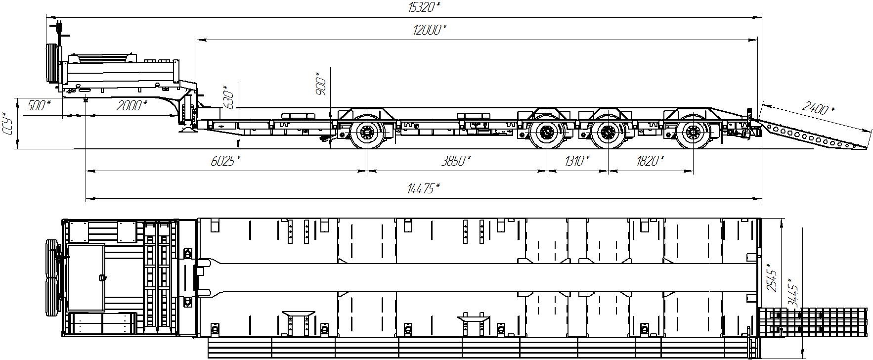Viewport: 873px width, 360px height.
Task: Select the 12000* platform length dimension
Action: pos(429,30)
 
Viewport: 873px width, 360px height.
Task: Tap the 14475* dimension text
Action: pos(423,188)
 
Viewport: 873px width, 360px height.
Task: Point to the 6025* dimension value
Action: pos(226,161)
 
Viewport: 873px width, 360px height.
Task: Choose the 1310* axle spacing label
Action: pos(575,161)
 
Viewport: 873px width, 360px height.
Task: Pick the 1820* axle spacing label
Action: pos(650,161)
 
